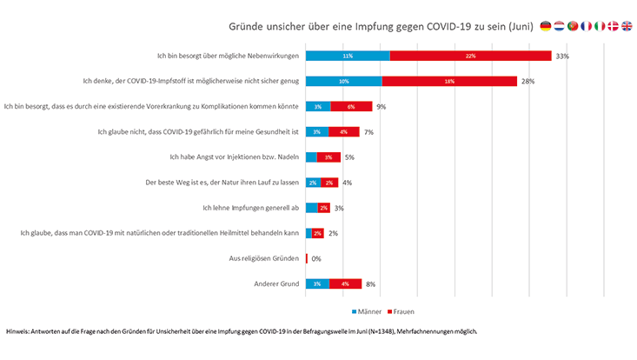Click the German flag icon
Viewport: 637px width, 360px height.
click(545, 27)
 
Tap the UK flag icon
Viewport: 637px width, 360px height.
click(627, 27)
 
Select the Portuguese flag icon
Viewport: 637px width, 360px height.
click(573, 27)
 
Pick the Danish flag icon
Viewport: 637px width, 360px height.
click(614, 27)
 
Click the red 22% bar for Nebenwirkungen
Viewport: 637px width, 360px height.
click(470, 56)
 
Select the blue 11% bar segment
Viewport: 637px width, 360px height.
click(348, 56)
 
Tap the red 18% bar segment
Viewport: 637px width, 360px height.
click(449, 81)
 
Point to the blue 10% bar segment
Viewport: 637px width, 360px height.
click(344, 81)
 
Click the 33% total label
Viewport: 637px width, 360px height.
click(562, 56)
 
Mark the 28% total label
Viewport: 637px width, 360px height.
click(527, 81)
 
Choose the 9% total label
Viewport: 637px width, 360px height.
click(381, 106)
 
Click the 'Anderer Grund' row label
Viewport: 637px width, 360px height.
click(275, 283)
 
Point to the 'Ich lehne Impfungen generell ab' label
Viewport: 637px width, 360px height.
click(250, 208)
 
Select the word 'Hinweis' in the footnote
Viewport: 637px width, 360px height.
click(18, 331)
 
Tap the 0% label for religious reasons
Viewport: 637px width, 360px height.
click(317, 258)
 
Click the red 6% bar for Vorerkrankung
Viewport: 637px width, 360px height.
click(350, 106)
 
